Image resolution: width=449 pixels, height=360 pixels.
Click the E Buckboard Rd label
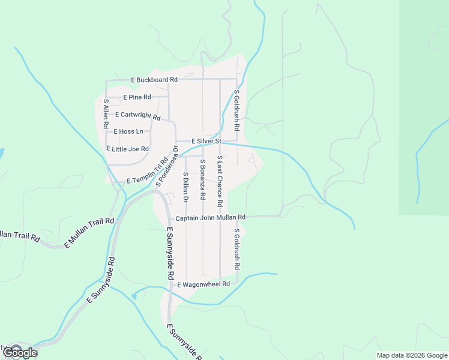tap(154, 80)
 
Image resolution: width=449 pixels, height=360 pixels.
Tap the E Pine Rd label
tap(137, 97)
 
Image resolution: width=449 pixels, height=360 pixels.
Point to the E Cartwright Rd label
tap(137, 115)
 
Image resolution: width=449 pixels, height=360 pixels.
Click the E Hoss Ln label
tap(128, 131)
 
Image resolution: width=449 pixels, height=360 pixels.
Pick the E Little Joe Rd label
tap(127, 149)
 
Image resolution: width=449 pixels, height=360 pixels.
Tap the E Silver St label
tap(207, 141)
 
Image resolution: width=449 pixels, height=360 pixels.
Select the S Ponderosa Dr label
tap(167, 166)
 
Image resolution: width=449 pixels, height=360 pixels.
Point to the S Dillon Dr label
tap(186, 186)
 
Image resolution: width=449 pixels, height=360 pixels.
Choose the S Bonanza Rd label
tap(203, 179)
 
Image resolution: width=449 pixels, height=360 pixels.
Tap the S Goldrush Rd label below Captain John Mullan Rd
tap(237, 248)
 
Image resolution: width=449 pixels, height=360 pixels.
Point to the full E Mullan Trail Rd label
tap(89, 233)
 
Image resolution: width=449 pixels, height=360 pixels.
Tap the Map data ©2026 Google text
tap(412, 355)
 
